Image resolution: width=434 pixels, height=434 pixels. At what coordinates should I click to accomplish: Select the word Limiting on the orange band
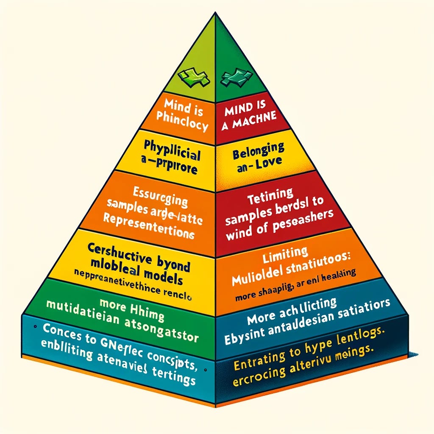tap(288, 253)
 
